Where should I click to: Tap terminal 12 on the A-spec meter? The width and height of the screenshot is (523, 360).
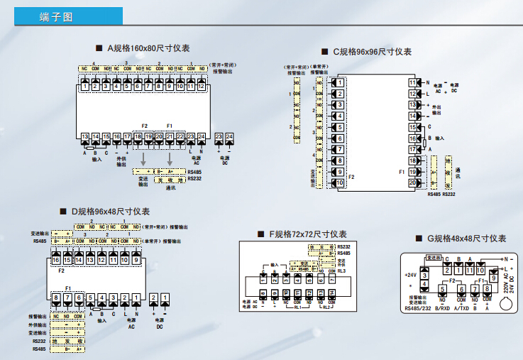pos(201,86)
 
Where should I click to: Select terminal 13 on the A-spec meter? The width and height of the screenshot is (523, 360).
pos(85,136)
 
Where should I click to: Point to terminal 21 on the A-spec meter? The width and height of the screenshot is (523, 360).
pos(170,136)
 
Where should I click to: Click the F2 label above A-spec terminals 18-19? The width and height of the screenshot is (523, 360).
pos(145,126)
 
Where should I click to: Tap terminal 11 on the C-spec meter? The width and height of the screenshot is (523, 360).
pos(413,82)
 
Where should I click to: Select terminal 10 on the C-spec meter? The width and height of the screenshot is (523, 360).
pos(340,182)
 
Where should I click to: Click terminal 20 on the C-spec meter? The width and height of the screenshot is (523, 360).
pos(413,182)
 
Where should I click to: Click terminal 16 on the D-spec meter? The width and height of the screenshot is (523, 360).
pos(57,260)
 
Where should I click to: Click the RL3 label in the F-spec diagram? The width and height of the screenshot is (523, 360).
pos(342,271)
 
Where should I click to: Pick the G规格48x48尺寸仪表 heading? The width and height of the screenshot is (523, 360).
pos(461,239)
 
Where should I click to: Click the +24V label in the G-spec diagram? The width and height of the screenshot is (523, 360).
pos(410,274)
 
